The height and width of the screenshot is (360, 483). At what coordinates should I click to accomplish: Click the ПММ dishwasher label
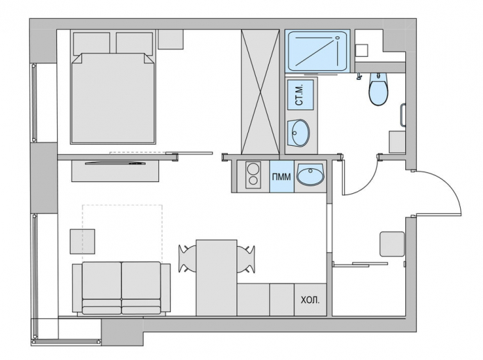pos(281,176)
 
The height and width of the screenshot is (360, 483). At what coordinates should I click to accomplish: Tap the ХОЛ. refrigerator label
pos(310,300)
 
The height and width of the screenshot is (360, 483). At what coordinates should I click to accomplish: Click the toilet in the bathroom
pos(379,90)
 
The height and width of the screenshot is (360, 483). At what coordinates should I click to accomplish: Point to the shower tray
pos(318,51)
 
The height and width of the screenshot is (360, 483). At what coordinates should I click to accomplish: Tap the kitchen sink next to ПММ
pos(310,175)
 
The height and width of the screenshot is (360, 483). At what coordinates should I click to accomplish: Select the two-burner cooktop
pos(251,176)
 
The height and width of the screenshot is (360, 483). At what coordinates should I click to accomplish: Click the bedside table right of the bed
pos(170,39)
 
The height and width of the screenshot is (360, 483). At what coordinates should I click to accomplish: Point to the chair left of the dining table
pos(188,259)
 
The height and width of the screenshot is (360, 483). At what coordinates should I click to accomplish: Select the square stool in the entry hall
pos(391,245)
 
